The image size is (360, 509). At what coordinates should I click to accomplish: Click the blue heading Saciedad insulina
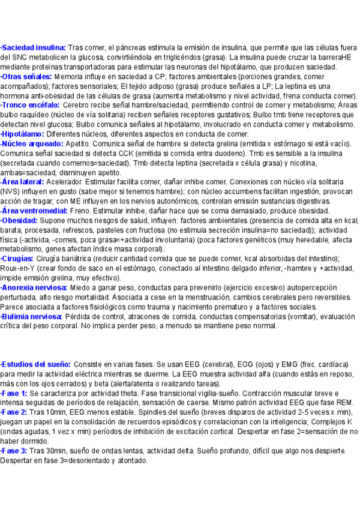tap(33, 47)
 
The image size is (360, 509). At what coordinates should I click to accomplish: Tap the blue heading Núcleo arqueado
tap(32, 144)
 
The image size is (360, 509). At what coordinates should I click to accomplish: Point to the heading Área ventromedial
tap(37, 211)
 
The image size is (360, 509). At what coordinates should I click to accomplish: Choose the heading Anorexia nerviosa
tap(34, 288)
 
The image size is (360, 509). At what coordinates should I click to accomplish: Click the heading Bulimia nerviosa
tap(32, 317)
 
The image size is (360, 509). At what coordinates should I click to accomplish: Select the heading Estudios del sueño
tap(36, 364)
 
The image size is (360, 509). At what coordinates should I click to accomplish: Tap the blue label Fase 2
tap(14, 412)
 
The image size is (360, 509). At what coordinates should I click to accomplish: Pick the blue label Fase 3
tap(14, 451)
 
